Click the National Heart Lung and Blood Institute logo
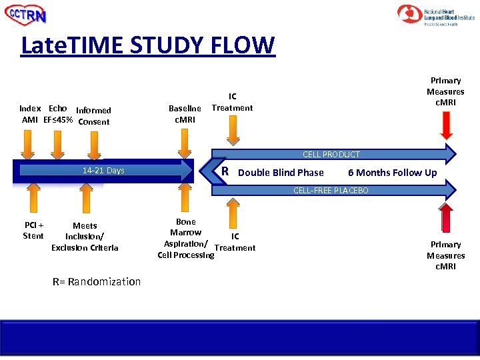point(436,15)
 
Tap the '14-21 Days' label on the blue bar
point(103,171)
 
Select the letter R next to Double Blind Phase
point(225,171)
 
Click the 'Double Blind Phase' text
point(281,173)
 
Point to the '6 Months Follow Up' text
point(392,173)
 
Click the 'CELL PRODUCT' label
point(331,155)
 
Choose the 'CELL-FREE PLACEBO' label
point(331,191)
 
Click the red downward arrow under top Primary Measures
point(447,127)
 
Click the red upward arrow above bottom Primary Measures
point(447,217)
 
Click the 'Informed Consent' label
point(93,116)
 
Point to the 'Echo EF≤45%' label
point(57,114)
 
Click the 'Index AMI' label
point(30,114)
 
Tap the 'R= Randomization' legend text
point(97,281)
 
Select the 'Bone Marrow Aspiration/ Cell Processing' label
point(185,238)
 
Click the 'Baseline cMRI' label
point(185,114)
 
